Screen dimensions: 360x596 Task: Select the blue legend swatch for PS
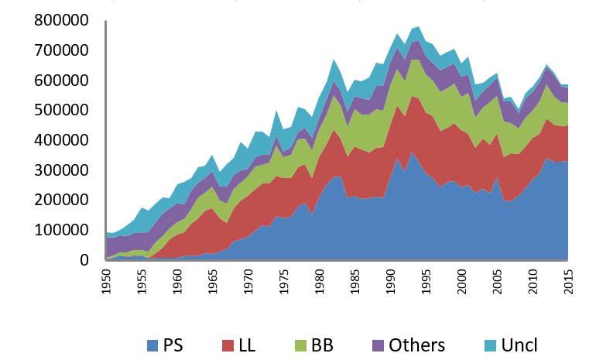[x=154, y=345]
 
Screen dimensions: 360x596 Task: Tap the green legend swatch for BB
[x=307, y=345]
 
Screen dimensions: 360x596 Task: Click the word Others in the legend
[x=419, y=345]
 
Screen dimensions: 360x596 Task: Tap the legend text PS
[x=177, y=345]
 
